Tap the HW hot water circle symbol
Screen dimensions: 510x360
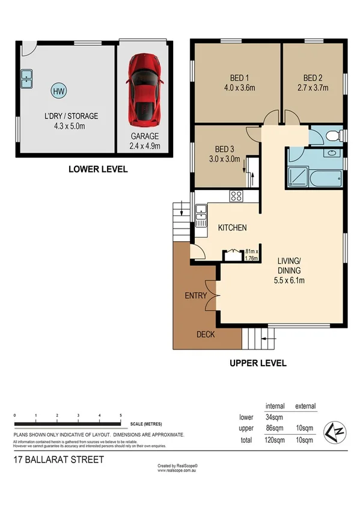58,91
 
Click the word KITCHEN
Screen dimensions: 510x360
232,227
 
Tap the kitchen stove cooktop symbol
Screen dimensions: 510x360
235,195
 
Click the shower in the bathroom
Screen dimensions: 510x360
297,177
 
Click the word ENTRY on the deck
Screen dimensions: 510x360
196,296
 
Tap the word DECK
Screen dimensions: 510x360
206,334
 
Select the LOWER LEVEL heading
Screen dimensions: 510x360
97,170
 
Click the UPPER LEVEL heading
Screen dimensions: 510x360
256,363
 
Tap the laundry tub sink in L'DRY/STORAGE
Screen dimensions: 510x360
26,77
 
